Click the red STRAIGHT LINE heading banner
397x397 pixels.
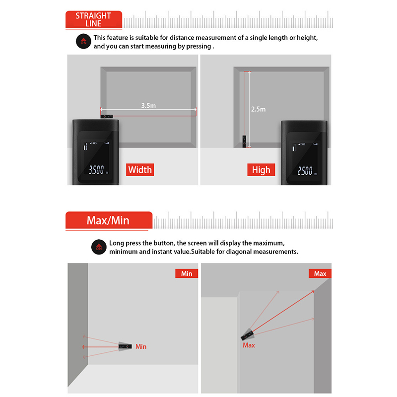[94, 19]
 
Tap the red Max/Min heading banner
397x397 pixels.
[109, 220]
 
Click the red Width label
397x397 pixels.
[140, 170]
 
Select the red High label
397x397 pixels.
[261, 170]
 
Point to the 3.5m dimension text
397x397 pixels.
[148, 105]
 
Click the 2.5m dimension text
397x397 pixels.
[258, 109]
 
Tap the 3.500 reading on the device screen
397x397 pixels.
[96, 170]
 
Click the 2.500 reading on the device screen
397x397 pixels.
[305, 171]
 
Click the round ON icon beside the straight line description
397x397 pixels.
[83, 41]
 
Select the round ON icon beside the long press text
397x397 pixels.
[99, 247]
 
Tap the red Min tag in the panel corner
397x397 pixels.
[187, 273]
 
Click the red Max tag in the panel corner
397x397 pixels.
[320, 273]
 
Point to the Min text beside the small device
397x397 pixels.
[141, 346]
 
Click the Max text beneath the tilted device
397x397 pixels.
[249, 345]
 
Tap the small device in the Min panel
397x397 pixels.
[126, 346]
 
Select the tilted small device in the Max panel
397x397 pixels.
[247, 334]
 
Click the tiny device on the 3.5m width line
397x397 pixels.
[107, 117]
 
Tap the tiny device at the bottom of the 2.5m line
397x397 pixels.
[244, 141]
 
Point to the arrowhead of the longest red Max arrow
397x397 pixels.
[314, 291]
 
